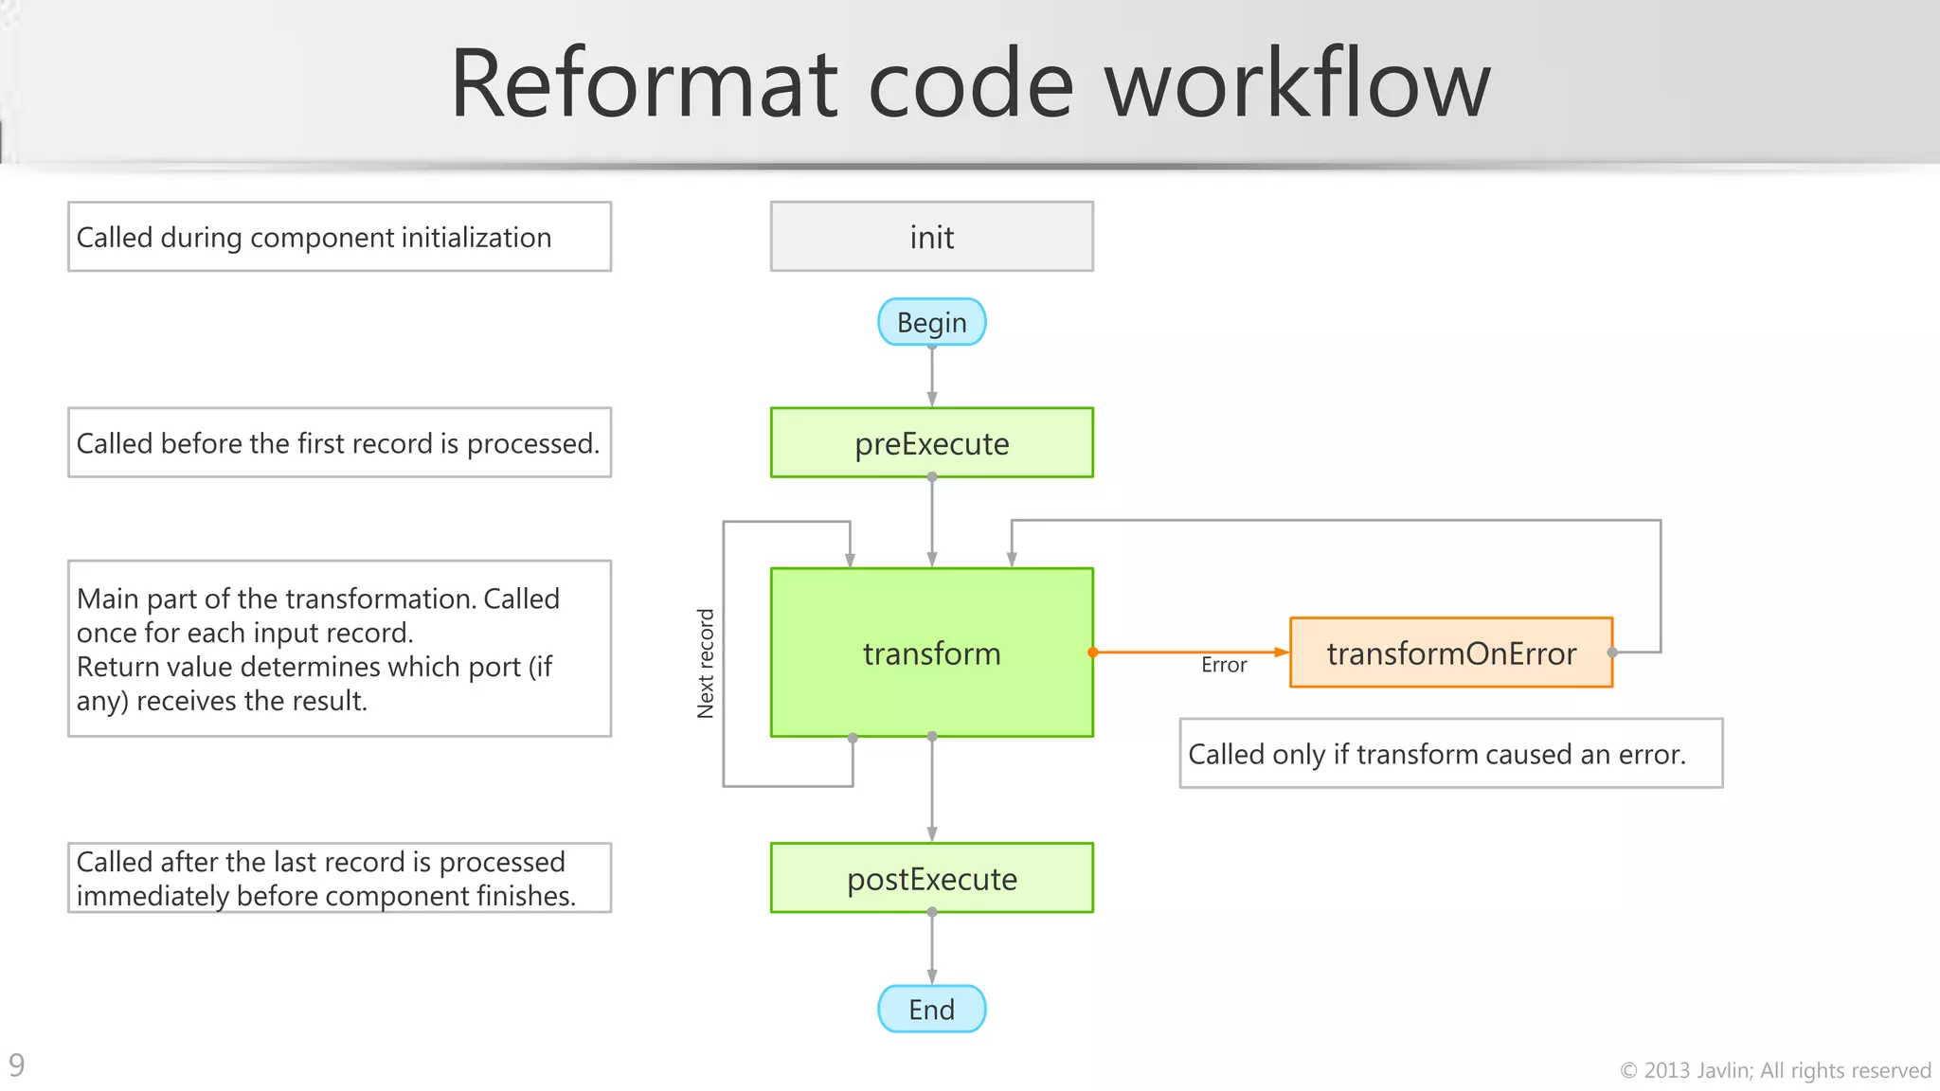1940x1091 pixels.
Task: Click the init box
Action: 931,237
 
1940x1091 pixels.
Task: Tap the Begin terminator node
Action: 931,322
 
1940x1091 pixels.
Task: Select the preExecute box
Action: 931,443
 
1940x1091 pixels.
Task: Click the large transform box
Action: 931,653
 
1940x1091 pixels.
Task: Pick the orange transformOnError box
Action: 1450,653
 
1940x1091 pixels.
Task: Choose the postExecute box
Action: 931,878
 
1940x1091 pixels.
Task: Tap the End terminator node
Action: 931,1009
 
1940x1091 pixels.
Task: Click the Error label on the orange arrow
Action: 1223,665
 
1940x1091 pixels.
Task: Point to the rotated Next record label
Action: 706,663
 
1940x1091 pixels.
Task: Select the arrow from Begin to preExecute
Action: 932,377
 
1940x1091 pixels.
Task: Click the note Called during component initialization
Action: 314,237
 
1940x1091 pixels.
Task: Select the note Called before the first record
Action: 338,443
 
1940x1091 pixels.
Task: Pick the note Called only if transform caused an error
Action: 1436,754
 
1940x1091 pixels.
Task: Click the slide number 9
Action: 17,1064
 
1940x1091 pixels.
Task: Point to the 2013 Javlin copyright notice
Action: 1775,1070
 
